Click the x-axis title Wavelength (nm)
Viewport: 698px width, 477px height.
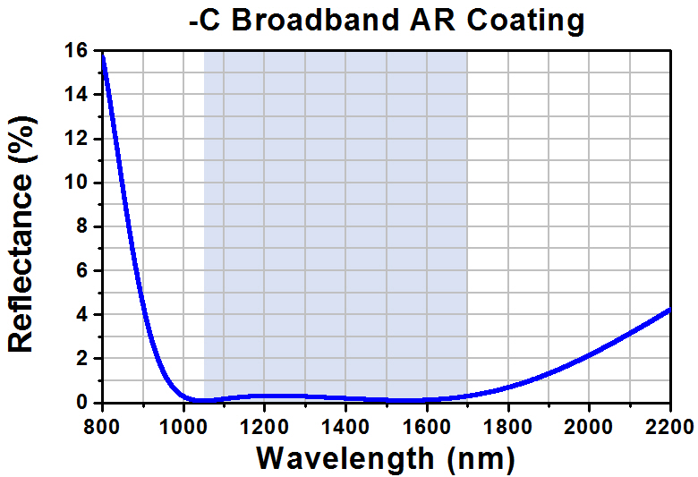[x=386, y=458]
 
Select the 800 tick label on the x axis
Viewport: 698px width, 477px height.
[x=103, y=422]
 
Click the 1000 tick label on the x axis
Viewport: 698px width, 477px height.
[x=183, y=422]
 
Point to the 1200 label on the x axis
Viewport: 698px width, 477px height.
[x=265, y=422]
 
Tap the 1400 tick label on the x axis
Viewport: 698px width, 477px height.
[x=346, y=422]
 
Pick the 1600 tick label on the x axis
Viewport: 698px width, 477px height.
[x=427, y=422]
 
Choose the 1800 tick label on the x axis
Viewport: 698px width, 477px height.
[x=508, y=422]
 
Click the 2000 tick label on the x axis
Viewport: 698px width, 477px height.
[x=589, y=422]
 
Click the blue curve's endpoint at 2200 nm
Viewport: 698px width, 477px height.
[x=669, y=310]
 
